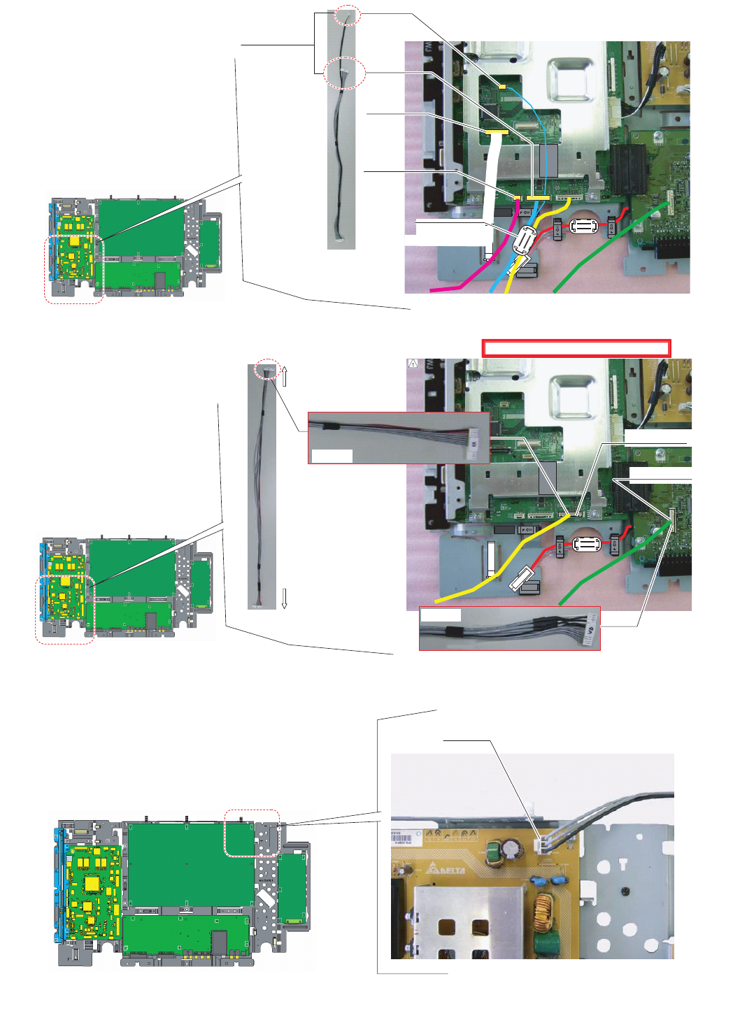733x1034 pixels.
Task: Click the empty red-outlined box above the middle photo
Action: coord(576,348)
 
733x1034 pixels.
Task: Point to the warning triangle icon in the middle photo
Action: coord(413,364)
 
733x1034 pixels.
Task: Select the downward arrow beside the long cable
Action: coord(285,598)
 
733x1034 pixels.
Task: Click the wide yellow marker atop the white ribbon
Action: coord(496,131)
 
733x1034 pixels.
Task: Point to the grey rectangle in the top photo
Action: coord(548,161)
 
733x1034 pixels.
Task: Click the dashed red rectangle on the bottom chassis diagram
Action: coord(252,833)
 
